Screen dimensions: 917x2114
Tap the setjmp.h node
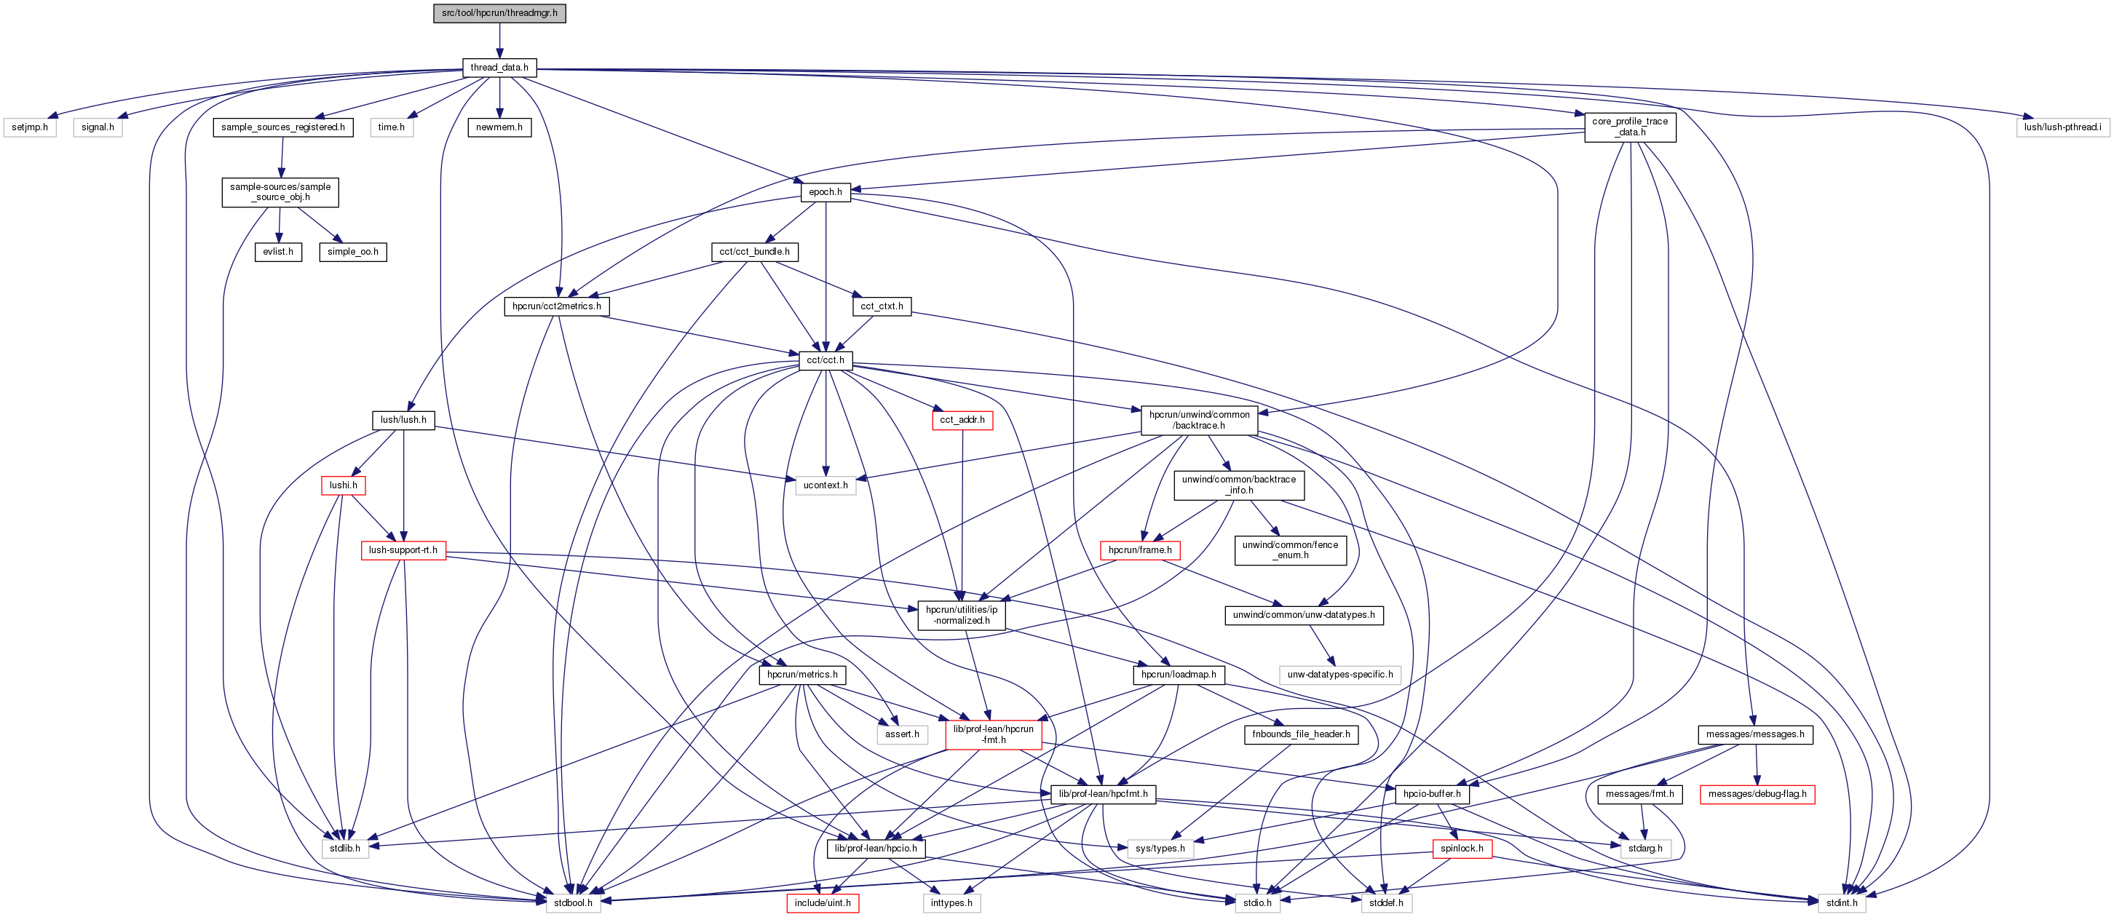click(x=30, y=128)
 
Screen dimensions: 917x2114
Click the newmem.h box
click(x=499, y=128)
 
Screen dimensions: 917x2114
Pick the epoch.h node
click(x=825, y=193)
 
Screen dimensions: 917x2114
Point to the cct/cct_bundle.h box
click(x=754, y=252)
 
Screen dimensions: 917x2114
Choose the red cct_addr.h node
click(x=962, y=420)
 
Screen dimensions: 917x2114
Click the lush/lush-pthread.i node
click(x=2062, y=128)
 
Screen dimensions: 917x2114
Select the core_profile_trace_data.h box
click(x=1629, y=127)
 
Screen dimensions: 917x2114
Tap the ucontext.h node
click(x=825, y=485)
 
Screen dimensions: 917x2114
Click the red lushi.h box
click(x=343, y=485)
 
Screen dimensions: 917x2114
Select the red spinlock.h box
click(x=1461, y=849)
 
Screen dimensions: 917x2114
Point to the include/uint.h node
click(x=823, y=903)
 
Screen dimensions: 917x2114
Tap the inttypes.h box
click(x=951, y=903)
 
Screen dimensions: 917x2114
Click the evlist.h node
click(x=278, y=252)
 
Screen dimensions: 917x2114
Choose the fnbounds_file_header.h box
click(x=1300, y=735)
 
